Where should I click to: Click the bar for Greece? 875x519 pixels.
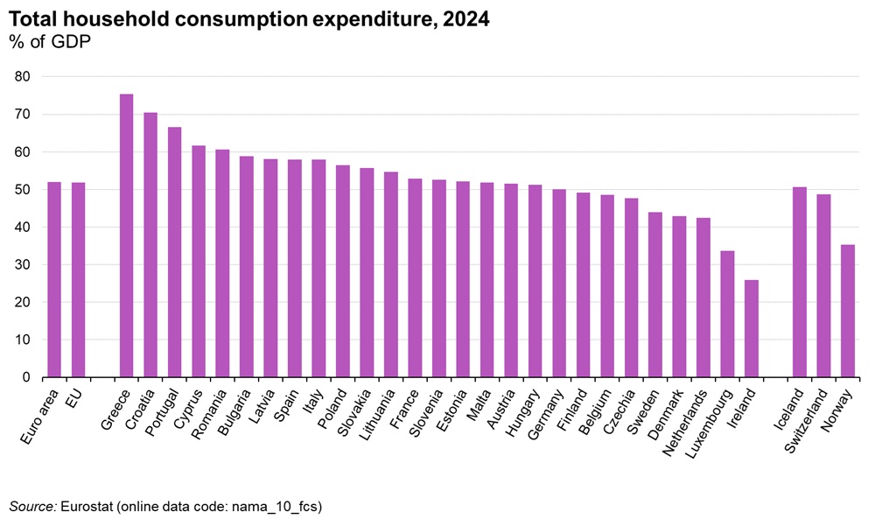(x=126, y=236)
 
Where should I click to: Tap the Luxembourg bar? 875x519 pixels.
(x=727, y=314)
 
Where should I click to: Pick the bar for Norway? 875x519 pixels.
(x=847, y=312)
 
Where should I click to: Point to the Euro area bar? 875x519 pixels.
(x=54, y=280)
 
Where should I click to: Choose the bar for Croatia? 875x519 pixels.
(x=150, y=245)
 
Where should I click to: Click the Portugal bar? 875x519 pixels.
(x=174, y=253)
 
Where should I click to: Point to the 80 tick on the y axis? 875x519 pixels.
(x=22, y=77)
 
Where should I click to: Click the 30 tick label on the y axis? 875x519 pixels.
(x=22, y=265)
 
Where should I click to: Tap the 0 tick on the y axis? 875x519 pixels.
(x=26, y=377)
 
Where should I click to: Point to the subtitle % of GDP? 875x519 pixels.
(x=50, y=42)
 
